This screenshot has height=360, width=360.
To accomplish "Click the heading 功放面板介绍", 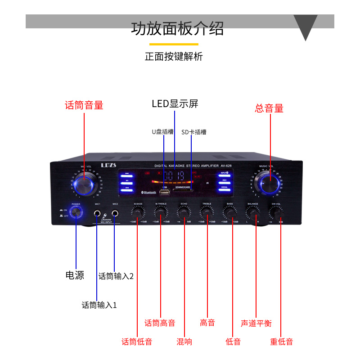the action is (177, 28).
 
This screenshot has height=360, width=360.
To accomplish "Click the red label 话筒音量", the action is (84, 105).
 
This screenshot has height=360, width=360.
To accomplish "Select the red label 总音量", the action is (269, 108).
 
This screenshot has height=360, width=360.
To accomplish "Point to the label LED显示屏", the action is (175, 104).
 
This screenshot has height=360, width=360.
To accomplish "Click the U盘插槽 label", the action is (162, 132).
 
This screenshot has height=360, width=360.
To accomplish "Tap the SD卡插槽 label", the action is (194, 132).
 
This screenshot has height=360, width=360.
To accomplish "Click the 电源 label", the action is (75, 275).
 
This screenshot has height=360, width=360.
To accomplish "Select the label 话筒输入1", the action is (99, 305).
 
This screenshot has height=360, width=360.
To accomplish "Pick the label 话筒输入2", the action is (116, 276).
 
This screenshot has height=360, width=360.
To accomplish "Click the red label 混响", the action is (184, 342).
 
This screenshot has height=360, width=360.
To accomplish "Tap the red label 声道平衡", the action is (256, 323).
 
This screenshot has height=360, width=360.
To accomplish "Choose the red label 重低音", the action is (282, 342).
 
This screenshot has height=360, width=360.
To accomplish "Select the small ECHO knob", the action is (184, 212).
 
